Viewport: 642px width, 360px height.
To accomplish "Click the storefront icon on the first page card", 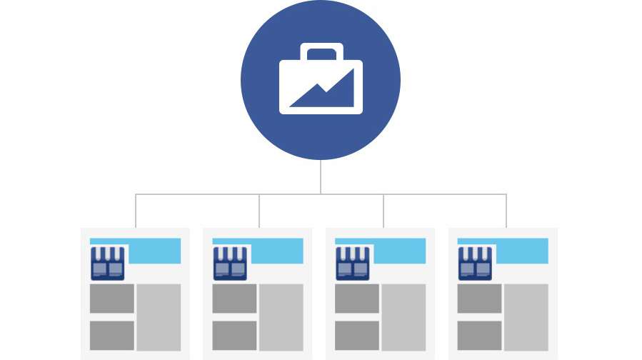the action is [108, 263].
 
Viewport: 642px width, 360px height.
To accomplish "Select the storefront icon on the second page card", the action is [230, 263].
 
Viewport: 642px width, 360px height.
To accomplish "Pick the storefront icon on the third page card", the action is [353, 263].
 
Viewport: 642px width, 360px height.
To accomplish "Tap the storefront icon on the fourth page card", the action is [475, 263].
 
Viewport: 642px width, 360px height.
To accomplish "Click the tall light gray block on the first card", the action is [159, 317].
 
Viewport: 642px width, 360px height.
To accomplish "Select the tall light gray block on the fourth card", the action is [526, 317].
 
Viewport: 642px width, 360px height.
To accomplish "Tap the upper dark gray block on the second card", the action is [234, 299].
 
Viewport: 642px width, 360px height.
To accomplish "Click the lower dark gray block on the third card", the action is [357, 335].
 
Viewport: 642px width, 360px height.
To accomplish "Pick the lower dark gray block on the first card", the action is [112, 335].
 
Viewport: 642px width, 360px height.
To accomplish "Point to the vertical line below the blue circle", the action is [321, 176].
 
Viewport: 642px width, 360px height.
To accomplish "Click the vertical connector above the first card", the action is [136, 211].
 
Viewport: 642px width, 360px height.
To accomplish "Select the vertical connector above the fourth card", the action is [506, 211].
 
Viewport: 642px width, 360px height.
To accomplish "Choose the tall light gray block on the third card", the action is [403, 317].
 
